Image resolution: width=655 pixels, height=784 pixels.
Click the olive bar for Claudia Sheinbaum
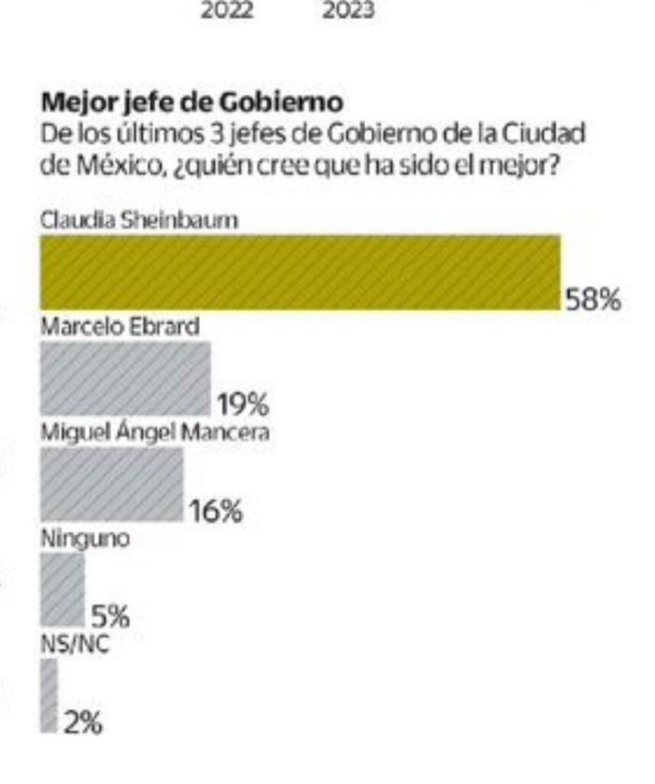pyautogui.click(x=300, y=273)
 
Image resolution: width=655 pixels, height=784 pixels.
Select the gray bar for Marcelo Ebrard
pyautogui.click(x=125, y=378)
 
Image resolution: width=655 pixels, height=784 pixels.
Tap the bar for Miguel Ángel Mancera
pyautogui.click(x=112, y=484)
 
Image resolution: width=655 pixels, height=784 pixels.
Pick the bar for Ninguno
pyautogui.click(x=63, y=589)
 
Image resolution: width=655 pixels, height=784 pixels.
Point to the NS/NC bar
pyautogui.click(x=49, y=694)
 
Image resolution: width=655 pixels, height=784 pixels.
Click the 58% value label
pyautogui.click(x=592, y=299)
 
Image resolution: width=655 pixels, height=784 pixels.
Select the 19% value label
pyautogui.click(x=243, y=404)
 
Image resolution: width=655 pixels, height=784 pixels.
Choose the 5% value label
pyautogui.click(x=110, y=616)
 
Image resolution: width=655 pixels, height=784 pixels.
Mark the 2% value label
pyautogui.click(x=83, y=722)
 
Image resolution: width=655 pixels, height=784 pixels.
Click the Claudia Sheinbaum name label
pyautogui.click(x=139, y=220)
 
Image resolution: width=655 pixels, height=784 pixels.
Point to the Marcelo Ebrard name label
pyautogui.click(x=119, y=326)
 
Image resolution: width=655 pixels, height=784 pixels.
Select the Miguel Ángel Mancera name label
pyautogui.click(x=155, y=432)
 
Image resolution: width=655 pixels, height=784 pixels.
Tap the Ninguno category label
pyautogui.click(x=84, y=537)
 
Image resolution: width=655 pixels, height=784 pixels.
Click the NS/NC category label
pyautogui.click(x=74, y=644)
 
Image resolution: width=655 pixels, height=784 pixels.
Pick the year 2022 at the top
pyautogui.click(x=227, y=11)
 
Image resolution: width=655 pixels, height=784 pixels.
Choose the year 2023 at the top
pyautogui.click(x=348, y=11)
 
